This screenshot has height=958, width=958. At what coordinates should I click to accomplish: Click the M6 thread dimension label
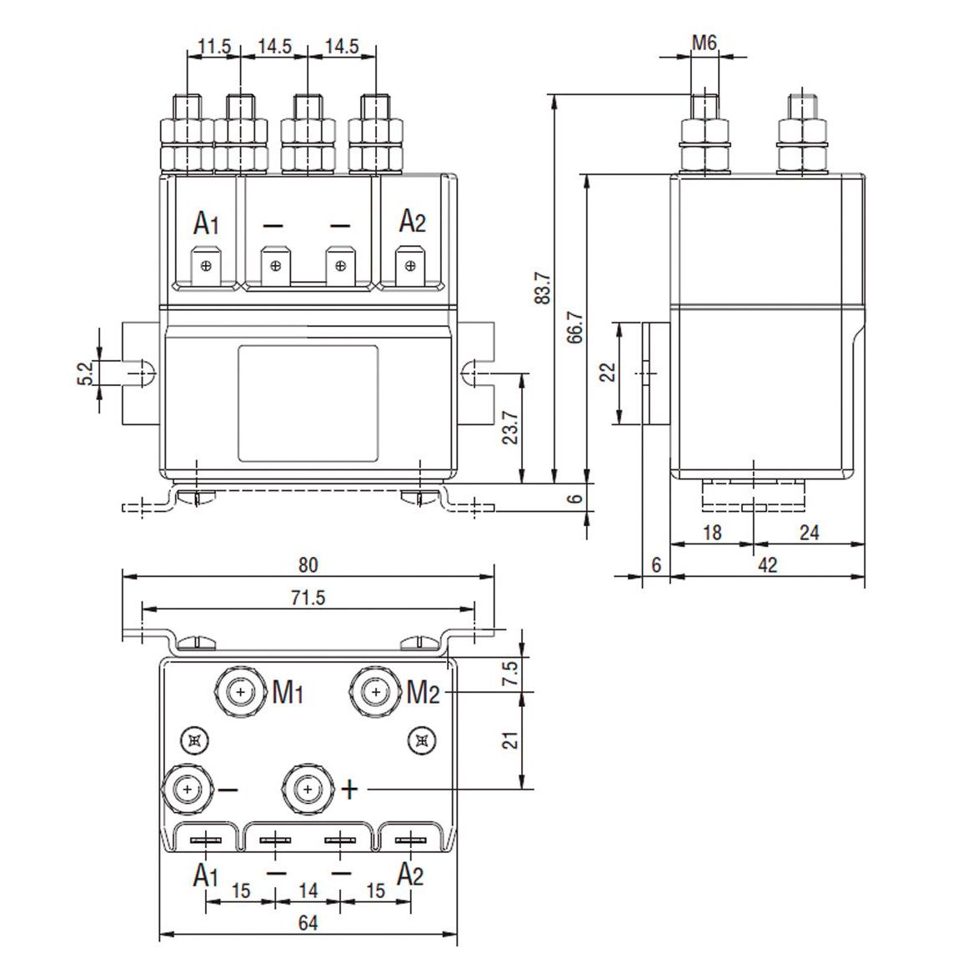[x=704, y=43]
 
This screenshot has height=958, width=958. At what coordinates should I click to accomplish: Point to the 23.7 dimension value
[x=512, y=428]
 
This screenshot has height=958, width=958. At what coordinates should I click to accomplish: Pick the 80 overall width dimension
[x=308, y=564]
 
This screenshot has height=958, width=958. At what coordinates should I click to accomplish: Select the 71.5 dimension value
[x=308, y=598]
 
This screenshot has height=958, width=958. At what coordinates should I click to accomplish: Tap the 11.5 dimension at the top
[x=214, y=47]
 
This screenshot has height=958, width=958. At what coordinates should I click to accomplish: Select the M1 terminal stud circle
[x=241, y=692]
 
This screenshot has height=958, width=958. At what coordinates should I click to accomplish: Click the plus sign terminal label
[x=350, y=789]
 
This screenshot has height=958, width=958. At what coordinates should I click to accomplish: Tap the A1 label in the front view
[x=206, y=223]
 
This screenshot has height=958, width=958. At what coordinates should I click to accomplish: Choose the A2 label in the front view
[x=412, y=222]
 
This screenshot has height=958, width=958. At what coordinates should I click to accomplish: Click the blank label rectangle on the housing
[x=308, y=404]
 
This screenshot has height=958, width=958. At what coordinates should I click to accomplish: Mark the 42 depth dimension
[x=768, y=564]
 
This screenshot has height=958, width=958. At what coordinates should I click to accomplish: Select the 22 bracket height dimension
[x=608, y=372]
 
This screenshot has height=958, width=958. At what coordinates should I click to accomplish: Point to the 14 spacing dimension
[x=308, y=891]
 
